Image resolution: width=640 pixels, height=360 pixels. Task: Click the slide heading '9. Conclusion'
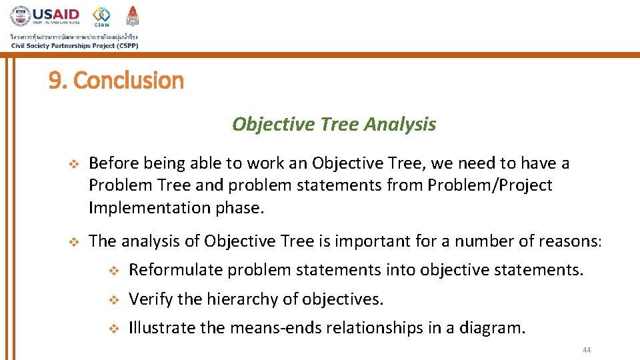(116, 81)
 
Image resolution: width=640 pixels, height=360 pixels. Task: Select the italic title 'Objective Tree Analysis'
(333, 124)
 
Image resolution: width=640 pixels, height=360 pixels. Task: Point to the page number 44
(587, 351)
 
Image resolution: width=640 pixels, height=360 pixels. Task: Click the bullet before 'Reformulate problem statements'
(113, 271)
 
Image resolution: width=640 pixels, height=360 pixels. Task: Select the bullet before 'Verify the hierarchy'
(113, 300)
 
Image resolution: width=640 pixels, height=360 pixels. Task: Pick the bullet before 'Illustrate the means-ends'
(113, 329)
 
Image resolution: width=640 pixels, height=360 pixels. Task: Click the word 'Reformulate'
(176, 270)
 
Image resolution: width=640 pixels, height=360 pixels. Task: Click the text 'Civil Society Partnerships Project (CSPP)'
(75, 45)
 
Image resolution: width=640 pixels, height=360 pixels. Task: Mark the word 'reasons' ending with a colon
(574, 241)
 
